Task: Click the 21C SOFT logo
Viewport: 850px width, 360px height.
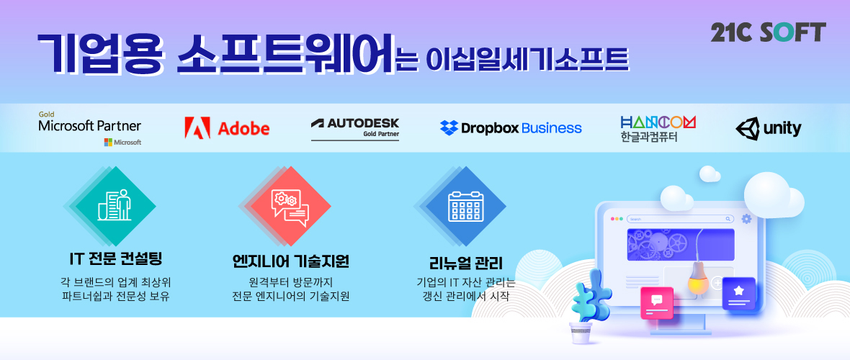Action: [x=768, y=32]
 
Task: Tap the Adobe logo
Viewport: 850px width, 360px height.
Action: [x=227, y=128]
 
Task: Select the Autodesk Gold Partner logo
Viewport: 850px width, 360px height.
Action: [x=355, y=128]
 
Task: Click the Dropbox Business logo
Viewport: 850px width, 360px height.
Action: [x=511, y=128]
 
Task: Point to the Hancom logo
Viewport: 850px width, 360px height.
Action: [x=658, y=129]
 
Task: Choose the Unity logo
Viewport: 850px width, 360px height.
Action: [x=768, y=128]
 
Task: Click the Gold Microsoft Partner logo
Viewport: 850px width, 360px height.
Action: [x=90, y=128]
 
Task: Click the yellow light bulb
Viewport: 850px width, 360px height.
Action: [x=699, y=278]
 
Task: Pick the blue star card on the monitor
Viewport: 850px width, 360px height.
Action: [x=738, y=293]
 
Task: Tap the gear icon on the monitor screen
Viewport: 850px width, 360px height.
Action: [x=746, y=218]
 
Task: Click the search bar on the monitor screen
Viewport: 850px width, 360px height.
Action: [x=680, y=219]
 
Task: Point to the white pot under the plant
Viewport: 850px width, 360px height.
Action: [x=581, y=333]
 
